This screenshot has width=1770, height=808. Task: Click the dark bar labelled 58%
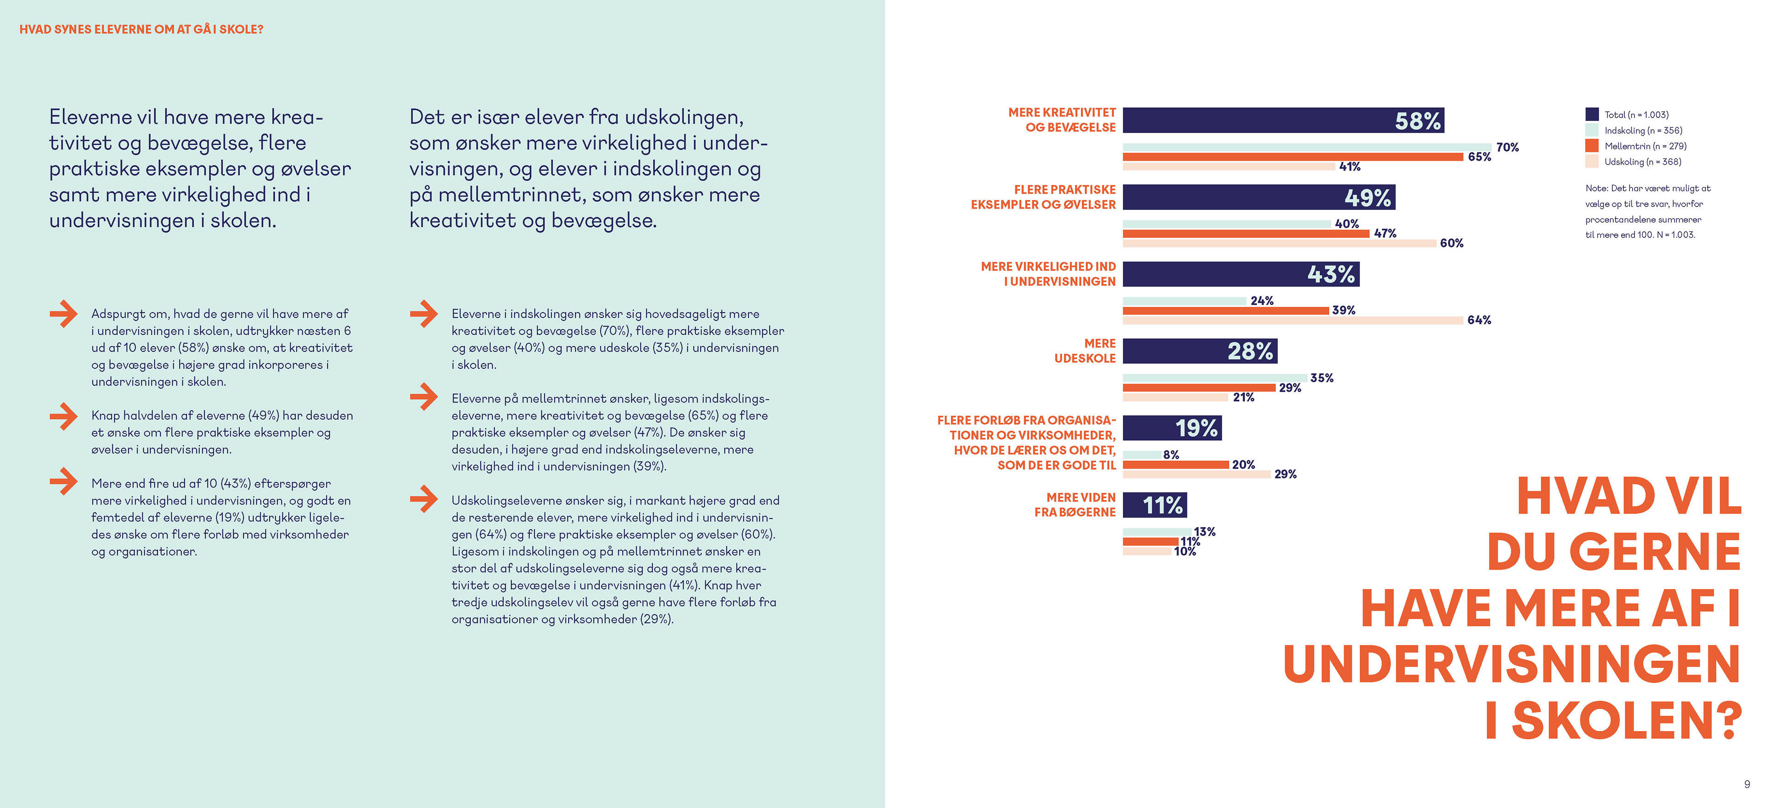pos(1282,120)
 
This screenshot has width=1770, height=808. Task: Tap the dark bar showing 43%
pos(1240,274)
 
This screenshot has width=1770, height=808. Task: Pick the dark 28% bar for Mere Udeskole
pos(1199,351)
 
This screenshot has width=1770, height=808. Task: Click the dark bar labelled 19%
pos(1172,428)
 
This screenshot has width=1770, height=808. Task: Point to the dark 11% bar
pos(1154,505)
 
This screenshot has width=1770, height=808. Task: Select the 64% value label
pos(1479,320)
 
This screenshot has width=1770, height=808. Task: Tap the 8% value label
pos(1171,455)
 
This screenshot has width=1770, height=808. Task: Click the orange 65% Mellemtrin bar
pos(1292,157)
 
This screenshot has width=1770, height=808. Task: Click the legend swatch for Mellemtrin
pos(1591,146)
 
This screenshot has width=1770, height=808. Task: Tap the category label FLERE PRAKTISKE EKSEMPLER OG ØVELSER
pos(1043,197)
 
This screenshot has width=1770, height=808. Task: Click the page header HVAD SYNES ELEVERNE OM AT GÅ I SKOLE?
pos(142,29)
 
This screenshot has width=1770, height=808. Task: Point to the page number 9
pos(1746,784)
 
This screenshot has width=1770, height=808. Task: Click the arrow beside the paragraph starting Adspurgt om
pos(63,314)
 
